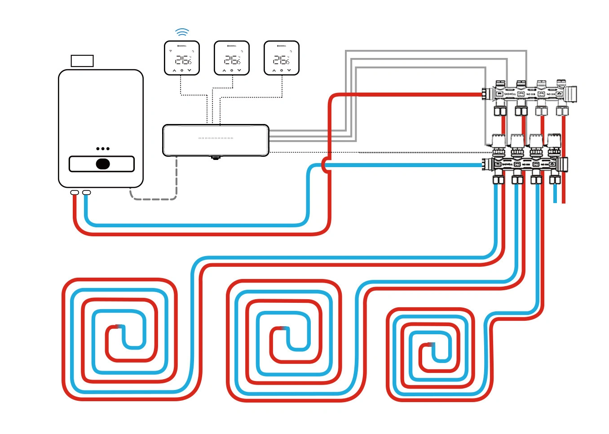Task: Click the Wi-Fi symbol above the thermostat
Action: [x=182, y=32]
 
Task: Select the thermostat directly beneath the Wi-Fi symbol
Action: [x=182, y=58]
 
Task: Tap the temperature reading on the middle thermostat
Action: [x=232, y=60]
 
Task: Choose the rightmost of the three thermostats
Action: [x=282, y=58]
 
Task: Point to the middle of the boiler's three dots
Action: [x=103, y=149]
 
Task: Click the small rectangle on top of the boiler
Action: [x=82, y=61]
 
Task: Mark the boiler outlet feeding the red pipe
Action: [x=75, y=193]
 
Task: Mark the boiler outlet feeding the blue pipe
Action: [x=87, y=193]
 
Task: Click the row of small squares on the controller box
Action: [x=216, y=138]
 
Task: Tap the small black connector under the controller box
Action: [x=216, y=158]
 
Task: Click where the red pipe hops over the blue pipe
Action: [x=325, y=165]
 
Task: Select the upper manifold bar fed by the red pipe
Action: [x=530, y=94]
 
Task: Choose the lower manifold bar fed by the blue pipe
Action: [x=525, y=164]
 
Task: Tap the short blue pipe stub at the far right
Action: [x=555, y=194]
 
